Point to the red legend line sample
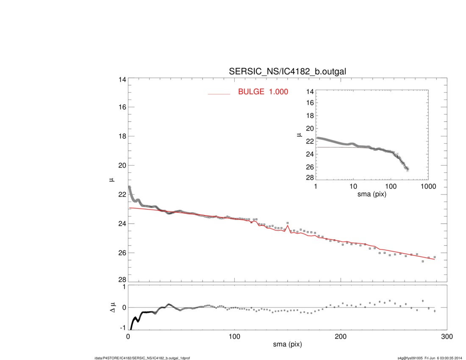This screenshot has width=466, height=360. coord(219,94)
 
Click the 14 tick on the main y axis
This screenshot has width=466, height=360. coord(122,80)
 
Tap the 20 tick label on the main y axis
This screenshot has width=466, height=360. coord(122,165)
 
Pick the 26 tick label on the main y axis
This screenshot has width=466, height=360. coord(122,253)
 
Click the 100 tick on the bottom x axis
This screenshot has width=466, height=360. coord(234,336)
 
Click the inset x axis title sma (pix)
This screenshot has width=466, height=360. coord(372,195)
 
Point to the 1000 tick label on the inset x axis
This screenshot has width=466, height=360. coord(428,187)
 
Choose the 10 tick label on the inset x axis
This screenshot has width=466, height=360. coord(353,187)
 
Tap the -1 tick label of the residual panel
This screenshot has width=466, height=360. coord(123,328)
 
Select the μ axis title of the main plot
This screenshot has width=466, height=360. coord(112,180)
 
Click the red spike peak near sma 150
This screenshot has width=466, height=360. coord(288,225)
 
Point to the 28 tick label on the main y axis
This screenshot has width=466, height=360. coord(122,280)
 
